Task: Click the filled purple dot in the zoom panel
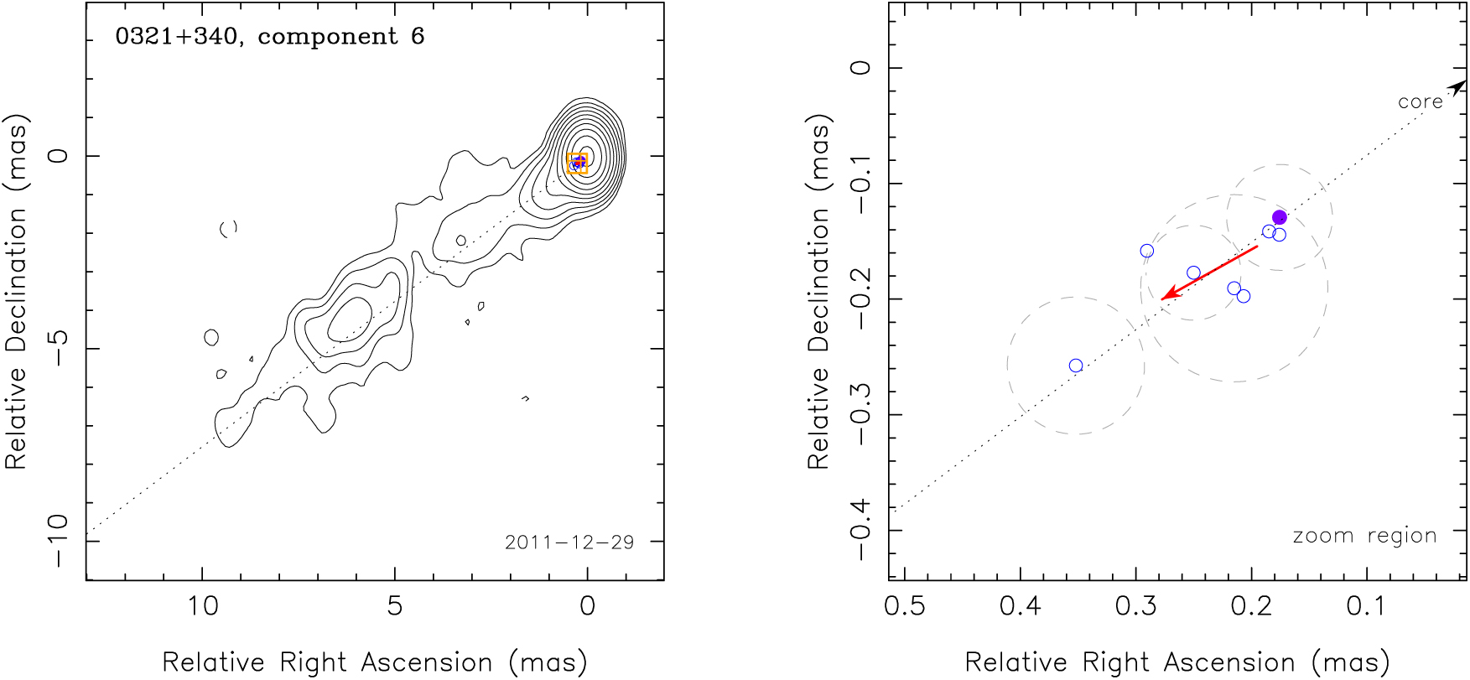coord(1279,218)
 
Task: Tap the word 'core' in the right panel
coord(1420,102)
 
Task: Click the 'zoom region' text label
coord(1364,536)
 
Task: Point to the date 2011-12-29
coord(569,542)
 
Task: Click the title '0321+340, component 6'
coord(269,37)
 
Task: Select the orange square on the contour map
coord(577,164)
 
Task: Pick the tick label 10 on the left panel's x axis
coord(202,605)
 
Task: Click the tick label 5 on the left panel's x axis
coord(395,605)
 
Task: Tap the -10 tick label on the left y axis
coord(57,541)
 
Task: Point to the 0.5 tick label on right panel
coord(905,605)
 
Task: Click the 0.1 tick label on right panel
coord(1367,605)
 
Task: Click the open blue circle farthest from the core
coord(1076,366)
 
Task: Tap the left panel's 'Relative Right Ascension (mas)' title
coord(374,662)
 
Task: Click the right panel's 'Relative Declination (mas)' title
coord(818,291)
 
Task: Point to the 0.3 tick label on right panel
coord(1135,605)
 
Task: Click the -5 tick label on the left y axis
coord(57,347)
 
